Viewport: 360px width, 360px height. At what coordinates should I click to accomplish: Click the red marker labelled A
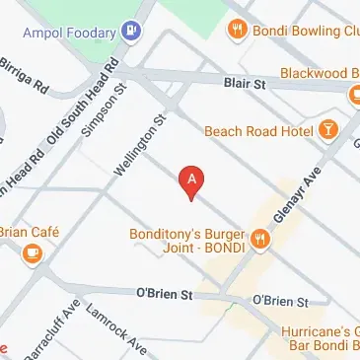191,180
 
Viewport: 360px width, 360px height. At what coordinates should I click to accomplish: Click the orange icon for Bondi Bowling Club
236,30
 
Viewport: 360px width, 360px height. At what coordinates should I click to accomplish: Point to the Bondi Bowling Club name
305,30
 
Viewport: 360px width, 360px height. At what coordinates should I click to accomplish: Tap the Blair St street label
246,87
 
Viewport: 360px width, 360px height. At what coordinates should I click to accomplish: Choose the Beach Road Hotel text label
257,130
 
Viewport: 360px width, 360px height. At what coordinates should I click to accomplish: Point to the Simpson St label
106,110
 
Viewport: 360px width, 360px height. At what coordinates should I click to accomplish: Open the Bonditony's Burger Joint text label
186,243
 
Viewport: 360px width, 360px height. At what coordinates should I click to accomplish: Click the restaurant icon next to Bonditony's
259,237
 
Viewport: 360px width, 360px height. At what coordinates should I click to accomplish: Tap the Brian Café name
25,232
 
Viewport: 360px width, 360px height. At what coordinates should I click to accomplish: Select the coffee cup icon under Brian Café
32,253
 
